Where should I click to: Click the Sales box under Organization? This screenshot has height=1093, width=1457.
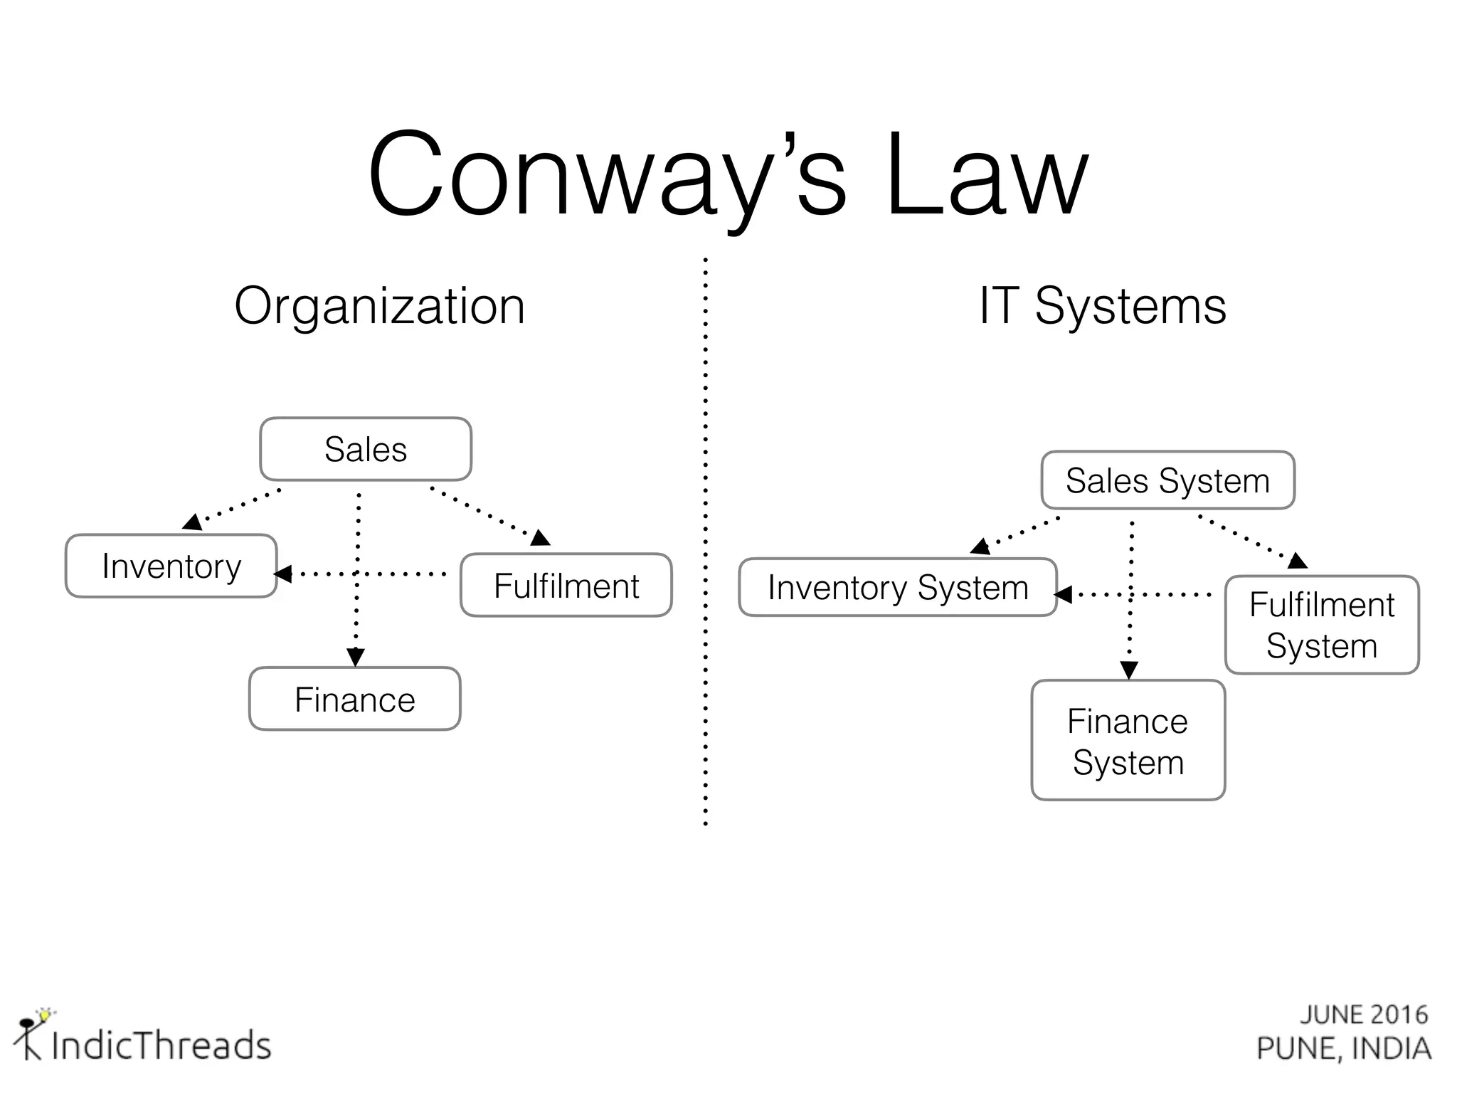[x=366, y=449]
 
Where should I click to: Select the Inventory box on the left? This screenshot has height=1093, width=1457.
[x=171, y=566]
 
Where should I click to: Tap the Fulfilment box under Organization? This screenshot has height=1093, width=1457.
[x=566, y=586]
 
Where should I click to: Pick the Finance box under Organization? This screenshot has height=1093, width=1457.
[x=355, y=699]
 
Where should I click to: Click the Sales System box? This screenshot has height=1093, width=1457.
[x=1167, y=480]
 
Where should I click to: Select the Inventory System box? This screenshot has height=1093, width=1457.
[x=898, y=588]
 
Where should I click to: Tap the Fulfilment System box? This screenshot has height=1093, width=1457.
[x=1322, y=625]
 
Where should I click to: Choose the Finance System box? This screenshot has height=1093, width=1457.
[x=1128, y=741]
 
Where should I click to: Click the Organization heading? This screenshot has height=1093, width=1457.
[x=379, y=307]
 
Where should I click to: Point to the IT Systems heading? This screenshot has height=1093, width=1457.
[x=1103, y=307]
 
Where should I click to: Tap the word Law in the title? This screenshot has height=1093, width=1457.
[x=987, y=174]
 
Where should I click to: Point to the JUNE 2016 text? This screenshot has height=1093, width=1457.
[x=1364, y=1015]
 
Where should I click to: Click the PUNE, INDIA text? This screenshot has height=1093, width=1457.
[x=1344, y=1049]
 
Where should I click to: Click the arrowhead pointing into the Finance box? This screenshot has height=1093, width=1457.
[x=356, y=657]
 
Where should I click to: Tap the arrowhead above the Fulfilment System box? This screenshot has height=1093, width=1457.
[x=1297, y=561]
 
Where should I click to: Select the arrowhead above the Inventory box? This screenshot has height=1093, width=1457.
[x=192, y=522]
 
